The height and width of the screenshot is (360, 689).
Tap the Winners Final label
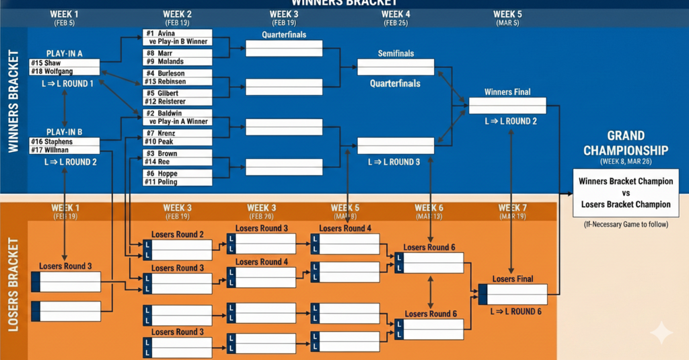coord(507,92)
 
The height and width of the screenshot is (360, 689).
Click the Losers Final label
coord(512,279)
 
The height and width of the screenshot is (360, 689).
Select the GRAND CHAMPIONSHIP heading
coord(625,143)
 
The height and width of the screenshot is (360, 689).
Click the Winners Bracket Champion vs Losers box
coord(625,192)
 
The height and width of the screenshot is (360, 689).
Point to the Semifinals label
coord(396,53)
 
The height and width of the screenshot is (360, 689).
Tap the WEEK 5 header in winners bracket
coord(507,14)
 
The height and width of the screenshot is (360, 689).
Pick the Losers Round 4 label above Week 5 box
coord(344,228)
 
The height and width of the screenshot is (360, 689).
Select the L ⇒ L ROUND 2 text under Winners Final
coord(510,121)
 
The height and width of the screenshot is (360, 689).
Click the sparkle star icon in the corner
coord(661,332)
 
